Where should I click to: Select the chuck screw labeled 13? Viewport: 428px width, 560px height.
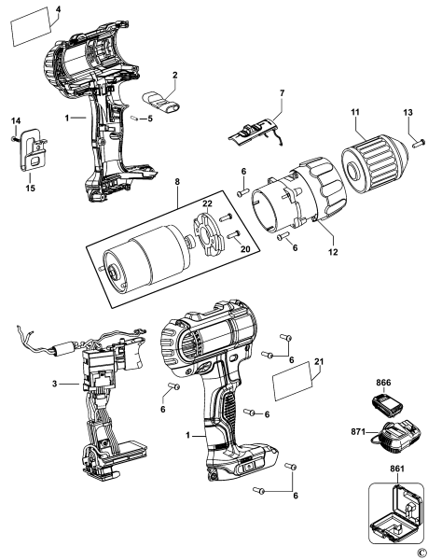coord(417,144)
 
